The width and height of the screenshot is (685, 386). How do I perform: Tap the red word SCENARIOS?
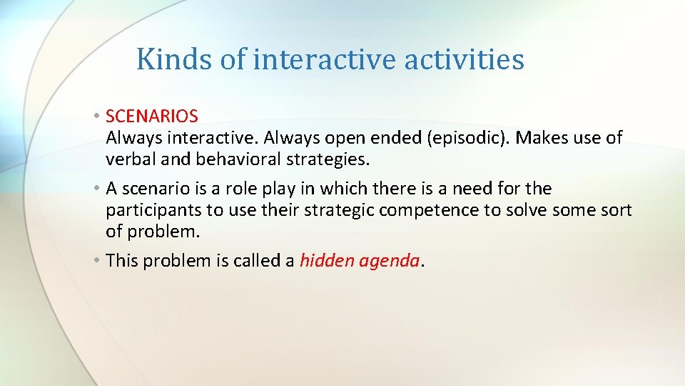pos(152,115)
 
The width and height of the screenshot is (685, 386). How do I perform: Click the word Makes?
pos(539,137)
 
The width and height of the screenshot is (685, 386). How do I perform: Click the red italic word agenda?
pos(390,262)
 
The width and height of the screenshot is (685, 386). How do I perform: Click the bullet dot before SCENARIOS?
pos(97,116)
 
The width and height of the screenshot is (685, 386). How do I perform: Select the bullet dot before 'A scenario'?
pos(97,189)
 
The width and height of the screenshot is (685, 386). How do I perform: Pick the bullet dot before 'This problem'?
pos(97,262)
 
